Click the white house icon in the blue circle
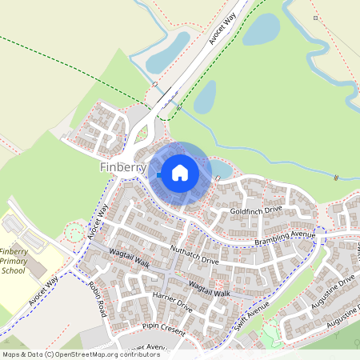180,172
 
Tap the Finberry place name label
123,168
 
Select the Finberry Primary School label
13,261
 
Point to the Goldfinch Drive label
257,210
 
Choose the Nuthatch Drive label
194,255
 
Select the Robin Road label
98,298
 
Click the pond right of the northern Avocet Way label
261,30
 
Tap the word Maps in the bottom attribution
12,354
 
